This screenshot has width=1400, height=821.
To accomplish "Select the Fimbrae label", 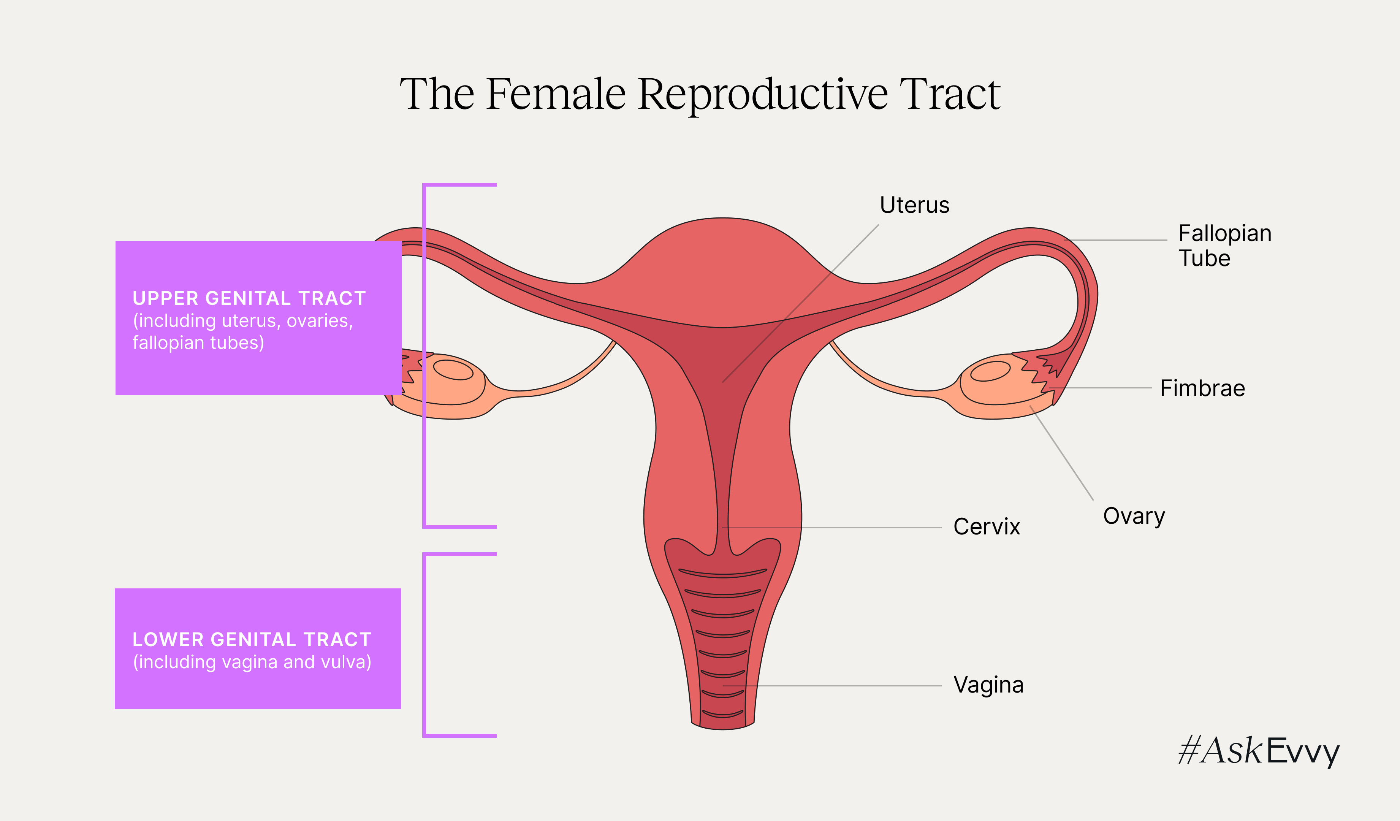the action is click(1202, 388).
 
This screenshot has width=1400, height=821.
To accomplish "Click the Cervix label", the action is click(987, 526).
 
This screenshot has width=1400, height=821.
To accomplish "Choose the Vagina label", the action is click(988, 685).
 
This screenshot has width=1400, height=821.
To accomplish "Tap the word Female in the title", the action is click(556, 94).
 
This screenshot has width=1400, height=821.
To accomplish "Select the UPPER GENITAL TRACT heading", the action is click(249, 298).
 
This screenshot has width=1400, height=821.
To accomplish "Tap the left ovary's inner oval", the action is click(453, 370).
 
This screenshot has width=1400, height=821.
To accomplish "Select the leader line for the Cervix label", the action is click(833, 527).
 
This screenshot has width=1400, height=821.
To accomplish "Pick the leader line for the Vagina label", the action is click(833, 685).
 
